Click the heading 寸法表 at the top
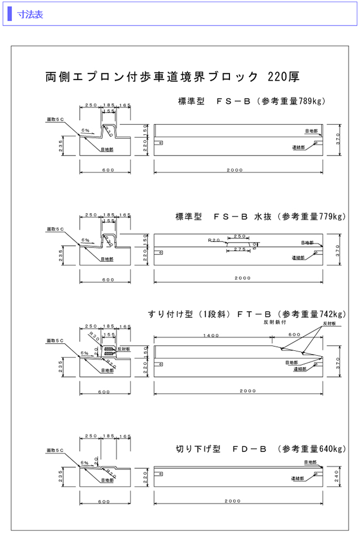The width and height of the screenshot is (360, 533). (30, 15)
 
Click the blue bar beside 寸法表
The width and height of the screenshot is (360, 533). (10, 15)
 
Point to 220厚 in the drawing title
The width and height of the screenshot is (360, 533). (283, 76)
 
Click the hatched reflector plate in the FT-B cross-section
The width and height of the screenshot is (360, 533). (110, 349)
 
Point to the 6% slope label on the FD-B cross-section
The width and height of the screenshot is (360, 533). (84, 463)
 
